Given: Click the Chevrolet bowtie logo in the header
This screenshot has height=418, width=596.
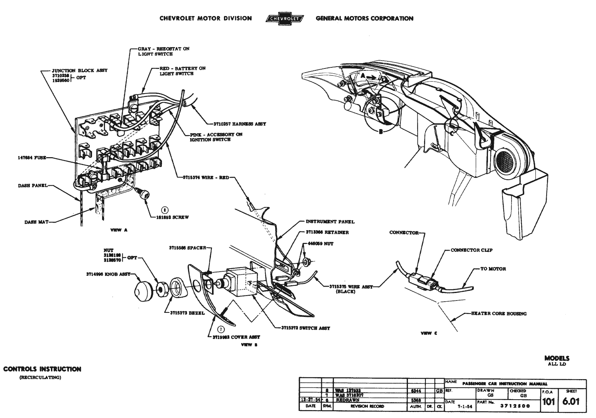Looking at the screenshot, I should pos(284,18).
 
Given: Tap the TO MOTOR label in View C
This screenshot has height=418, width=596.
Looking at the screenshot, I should pos(494,269).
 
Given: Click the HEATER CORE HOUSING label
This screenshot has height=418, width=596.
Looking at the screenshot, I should pos(499,314).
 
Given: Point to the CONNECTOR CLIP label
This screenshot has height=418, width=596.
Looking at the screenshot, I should pos(471,250).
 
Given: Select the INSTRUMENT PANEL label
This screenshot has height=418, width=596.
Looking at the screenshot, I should pos(330,222).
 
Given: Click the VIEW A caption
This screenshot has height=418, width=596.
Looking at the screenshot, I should pos(119,230).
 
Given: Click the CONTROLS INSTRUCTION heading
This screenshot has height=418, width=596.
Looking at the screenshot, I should pos(42,369).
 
